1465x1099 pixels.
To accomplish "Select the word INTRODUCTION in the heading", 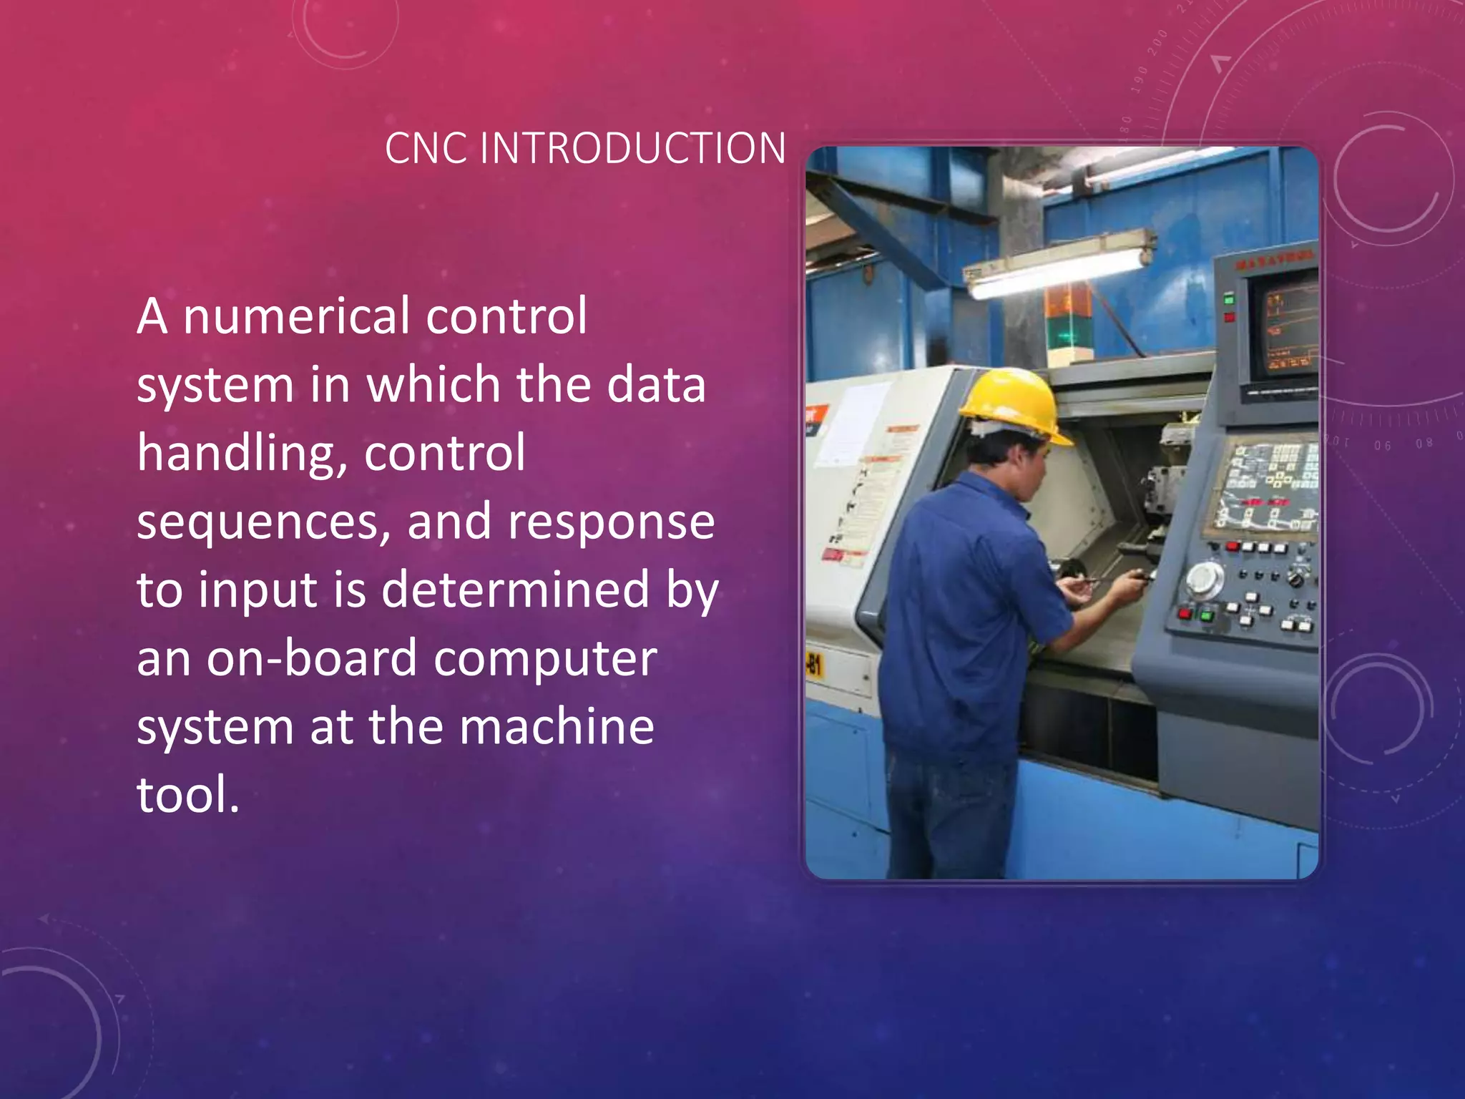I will (x=632, y=149).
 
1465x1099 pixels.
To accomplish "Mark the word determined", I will (x=515, y=590).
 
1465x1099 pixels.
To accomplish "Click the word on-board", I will (x=311, y=658).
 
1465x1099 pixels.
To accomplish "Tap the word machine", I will (x=557, y=727).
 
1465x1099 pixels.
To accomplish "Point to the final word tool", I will (x=187, y=795).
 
